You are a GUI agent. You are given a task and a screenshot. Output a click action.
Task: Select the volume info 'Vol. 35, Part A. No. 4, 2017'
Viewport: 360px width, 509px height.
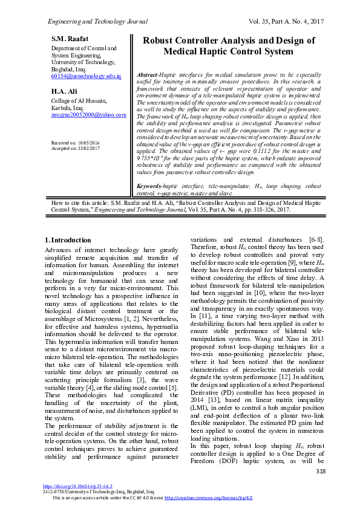coord(287,22)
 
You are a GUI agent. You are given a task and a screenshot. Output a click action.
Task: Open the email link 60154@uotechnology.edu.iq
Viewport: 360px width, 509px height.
coord(86,76)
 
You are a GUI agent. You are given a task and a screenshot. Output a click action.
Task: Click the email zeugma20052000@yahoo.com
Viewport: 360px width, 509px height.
coord(88,114)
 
